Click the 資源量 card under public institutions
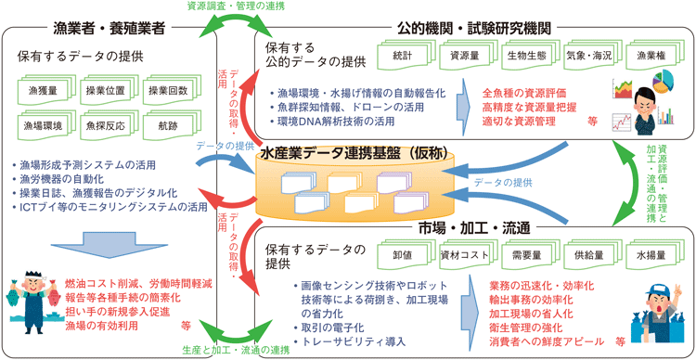(466, 56)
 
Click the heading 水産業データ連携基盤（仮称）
(348, 150)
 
